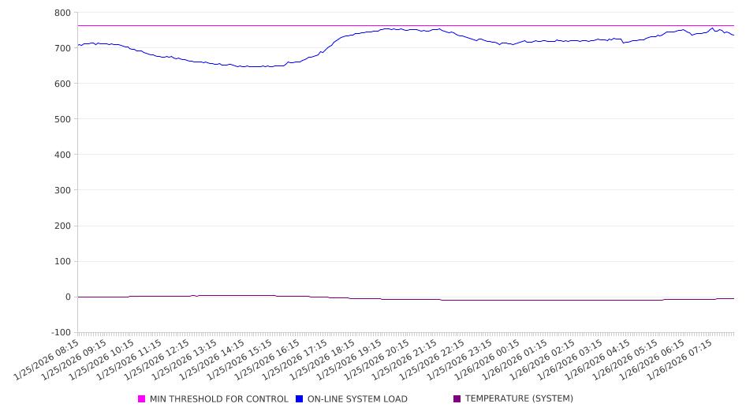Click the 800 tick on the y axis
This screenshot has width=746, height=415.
click(62, 13)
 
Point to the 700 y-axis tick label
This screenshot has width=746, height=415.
click(62, 48)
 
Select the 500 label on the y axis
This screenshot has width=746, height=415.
click(62, 119)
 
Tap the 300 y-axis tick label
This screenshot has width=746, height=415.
click(62, 190)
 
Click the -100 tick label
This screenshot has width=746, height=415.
click(60, 332)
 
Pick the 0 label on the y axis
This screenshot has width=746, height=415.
click(68, 297)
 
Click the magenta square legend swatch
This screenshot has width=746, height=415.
click(142, 399)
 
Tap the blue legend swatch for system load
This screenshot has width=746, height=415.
click(300, 399)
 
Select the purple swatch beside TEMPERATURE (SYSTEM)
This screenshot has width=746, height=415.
click(457, 399)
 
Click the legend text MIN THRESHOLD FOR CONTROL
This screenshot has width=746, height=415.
click(218, 399)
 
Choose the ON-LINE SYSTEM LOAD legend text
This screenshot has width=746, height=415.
click(357, 399)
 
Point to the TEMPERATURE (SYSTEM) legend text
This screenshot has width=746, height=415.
click(519, 399)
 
